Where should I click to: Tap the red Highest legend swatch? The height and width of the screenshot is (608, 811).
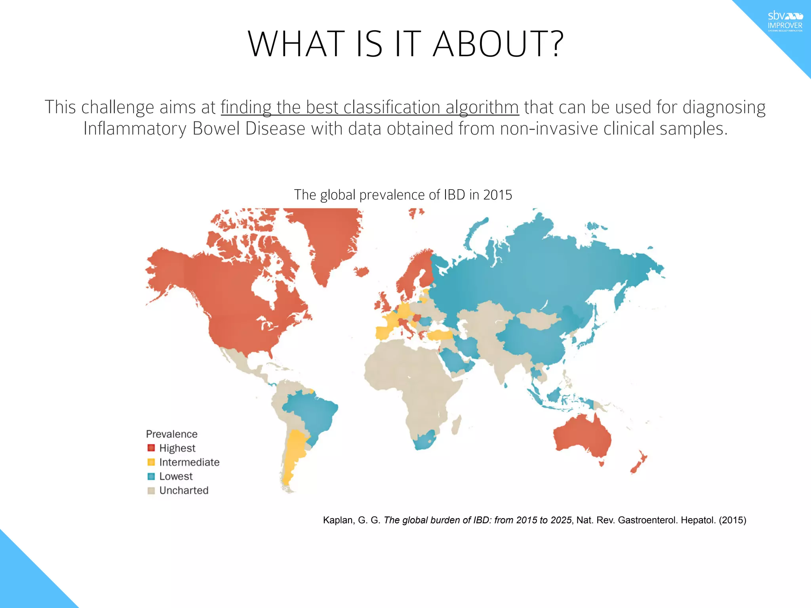151,448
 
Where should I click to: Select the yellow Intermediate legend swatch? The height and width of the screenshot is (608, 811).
151,462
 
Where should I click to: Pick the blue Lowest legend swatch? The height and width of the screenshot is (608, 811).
151,476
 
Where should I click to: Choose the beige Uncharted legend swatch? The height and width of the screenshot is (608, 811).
151,490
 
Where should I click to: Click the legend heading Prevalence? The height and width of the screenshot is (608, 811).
171,434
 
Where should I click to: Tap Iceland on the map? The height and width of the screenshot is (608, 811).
362,272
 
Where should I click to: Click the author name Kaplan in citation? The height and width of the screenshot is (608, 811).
337,520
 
